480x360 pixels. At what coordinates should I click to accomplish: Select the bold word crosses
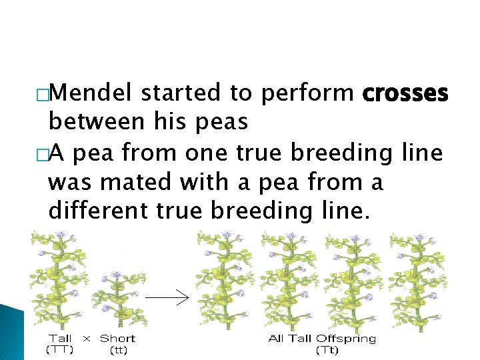pyautogui.click(x=405, y=94)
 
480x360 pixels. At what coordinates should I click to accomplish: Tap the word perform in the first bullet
pyautogui.click(x=307, y=94)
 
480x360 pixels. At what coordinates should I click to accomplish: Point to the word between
pyautogui.click(x=95, y=123)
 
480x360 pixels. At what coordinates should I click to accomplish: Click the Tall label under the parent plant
pyautogui.click(x=60, y=339)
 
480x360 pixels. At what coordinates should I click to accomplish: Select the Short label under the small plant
pyautogui.click(x=117, y=339)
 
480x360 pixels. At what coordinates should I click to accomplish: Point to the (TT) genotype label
pyautogui.click(x=60, y=349)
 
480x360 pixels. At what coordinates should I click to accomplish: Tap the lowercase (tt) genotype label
pyautogui.click(x=117, y=349)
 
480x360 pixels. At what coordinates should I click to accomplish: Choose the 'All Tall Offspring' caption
pyautogui.click(x=322, y=339)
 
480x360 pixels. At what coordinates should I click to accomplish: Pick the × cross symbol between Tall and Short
pyautogui.click(x=86, y=339)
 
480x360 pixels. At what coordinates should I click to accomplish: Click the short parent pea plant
pyautogui.click(x=119, y=300)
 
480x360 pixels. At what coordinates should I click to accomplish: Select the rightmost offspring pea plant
pyautogui.click(x=419, y=280)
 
